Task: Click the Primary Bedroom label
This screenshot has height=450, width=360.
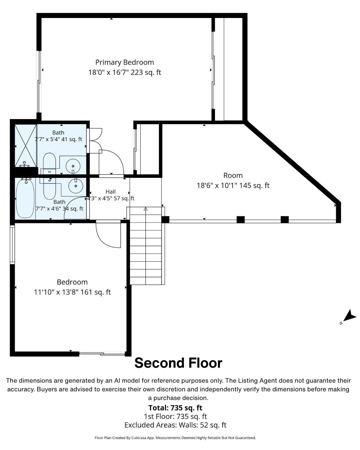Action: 124,62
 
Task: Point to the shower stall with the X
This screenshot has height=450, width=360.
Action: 26,146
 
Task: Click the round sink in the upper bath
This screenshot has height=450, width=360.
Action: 73,166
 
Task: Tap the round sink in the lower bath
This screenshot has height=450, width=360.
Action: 76,186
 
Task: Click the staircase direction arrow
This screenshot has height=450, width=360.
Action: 146,209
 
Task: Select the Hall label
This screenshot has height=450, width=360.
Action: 110,192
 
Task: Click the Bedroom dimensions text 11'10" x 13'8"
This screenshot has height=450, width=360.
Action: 56,292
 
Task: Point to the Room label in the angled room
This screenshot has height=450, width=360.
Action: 233,175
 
